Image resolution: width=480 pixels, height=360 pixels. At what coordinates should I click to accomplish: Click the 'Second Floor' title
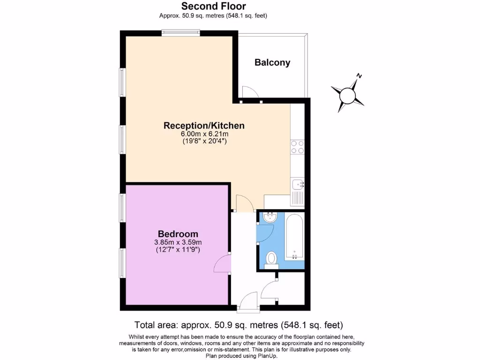pyautogui.click(x=213, y=6)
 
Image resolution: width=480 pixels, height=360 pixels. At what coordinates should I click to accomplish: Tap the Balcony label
pyautogui.click(x=272, y=62)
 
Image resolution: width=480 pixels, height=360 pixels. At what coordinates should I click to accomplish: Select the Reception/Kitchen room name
pyautogui.click(x=204, y=126)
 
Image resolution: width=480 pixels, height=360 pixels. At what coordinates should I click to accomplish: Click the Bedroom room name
pyautogui.click(x=178, y=234)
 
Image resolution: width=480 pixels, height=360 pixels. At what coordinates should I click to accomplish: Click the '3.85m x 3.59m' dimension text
pyautogui.click(x=178, y=242)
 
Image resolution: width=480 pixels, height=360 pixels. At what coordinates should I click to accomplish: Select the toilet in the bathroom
pyautogui.click(x=271, y=259)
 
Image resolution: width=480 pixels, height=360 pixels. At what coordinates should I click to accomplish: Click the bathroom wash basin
pyautogui.click(x=269, y=217)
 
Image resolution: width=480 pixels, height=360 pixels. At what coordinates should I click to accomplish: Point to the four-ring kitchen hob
pyautogui.click(x=297, y=147)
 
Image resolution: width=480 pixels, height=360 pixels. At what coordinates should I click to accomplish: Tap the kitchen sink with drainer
pyautogui.click(x=297, y=191)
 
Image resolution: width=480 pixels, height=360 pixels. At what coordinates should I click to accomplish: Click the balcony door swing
pyautogui.click(x=250, y=92)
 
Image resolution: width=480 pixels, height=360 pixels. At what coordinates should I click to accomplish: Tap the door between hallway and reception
pyautogui.click(x=245, y=203)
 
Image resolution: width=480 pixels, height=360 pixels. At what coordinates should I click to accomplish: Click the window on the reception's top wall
pyautogui.click(x=181, y=32)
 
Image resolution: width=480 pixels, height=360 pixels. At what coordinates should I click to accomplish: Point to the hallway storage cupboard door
pyautogui.click(x=270, y=291)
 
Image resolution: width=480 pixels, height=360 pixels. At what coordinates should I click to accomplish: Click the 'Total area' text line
pyautogui.click(x=239, y=324)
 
